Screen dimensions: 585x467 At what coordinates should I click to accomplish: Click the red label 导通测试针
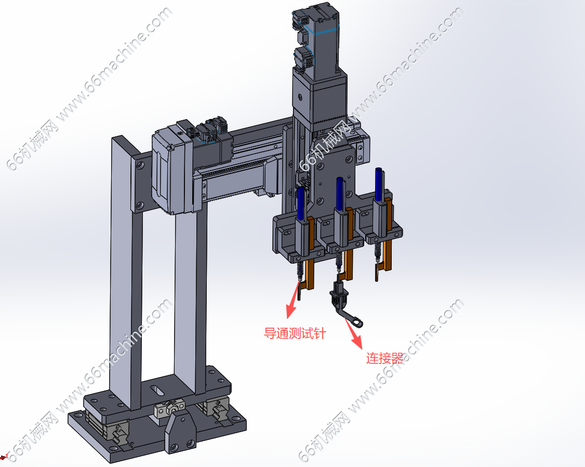click(295, 333)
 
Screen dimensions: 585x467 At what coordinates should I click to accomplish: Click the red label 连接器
click(384, 358)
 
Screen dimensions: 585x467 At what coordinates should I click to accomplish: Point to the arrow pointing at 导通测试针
click(294, 299)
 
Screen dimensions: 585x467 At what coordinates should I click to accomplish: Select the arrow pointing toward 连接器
click(353, 331)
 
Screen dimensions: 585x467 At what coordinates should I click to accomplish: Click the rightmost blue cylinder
click(378, 184)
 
